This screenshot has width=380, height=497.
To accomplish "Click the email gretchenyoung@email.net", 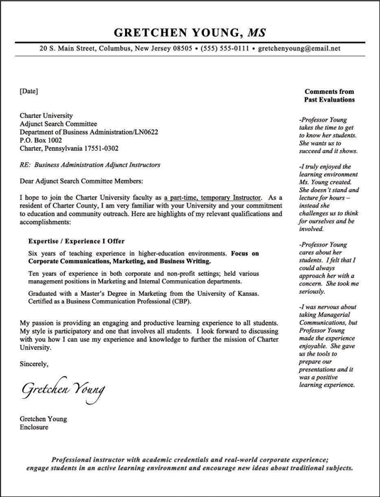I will [x=299, y=49].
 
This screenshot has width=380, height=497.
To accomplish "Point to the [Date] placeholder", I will [x=28, y=91].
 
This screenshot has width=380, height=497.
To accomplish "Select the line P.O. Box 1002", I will [x=42, y=140].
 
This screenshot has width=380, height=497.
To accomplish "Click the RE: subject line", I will [x=89, y=165].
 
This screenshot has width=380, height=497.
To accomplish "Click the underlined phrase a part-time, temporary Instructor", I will [x=213, y=197].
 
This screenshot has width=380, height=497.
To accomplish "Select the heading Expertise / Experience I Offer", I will [x=76, y=241].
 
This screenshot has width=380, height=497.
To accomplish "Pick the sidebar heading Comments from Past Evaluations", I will [x=329, y=96].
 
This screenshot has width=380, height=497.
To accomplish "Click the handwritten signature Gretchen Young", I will [x=63, y=388].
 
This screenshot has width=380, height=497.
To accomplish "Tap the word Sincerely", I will [x=34, y=364].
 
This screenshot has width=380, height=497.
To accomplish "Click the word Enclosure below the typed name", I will [x=34, y=428].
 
